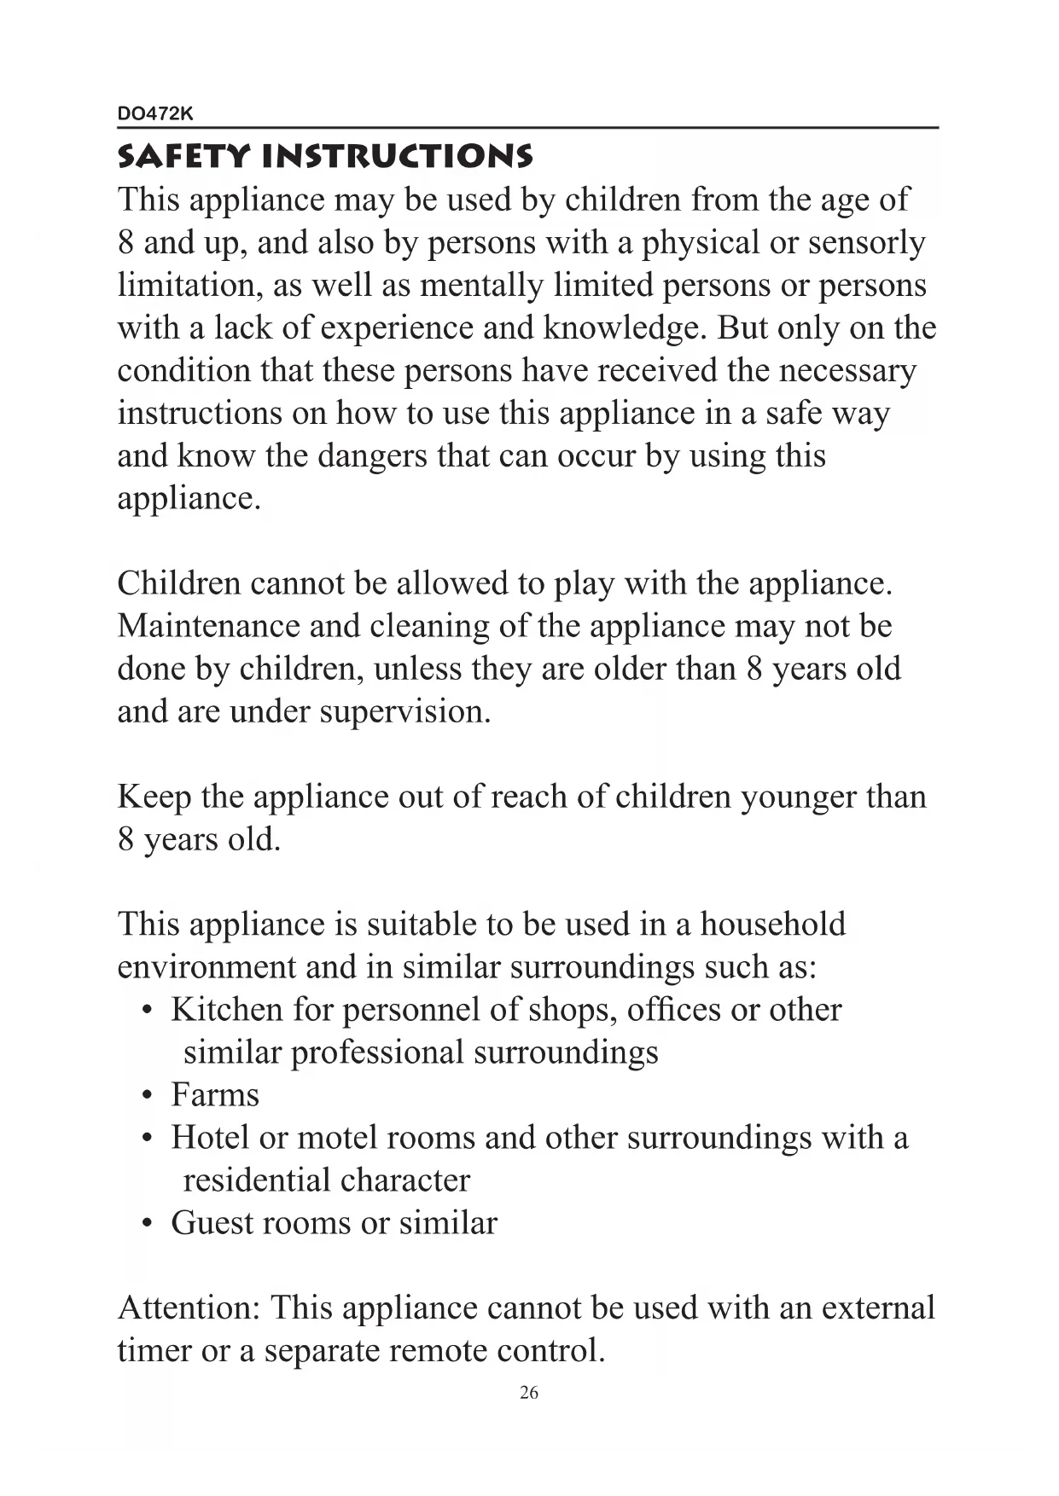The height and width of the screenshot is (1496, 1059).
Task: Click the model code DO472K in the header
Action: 155,113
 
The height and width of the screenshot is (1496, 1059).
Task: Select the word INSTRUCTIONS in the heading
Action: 398,157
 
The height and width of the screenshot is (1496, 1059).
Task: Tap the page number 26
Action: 529,1393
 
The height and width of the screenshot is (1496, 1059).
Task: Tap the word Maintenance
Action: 208,626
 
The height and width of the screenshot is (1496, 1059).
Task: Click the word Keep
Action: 154,797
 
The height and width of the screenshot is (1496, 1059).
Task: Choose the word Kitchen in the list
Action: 226,1010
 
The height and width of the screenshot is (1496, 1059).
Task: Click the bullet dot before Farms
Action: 148,1096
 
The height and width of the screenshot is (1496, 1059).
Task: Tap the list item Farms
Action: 214,1095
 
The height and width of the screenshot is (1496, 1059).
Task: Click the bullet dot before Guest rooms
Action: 148,1224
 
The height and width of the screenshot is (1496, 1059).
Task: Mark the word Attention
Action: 189,1308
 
